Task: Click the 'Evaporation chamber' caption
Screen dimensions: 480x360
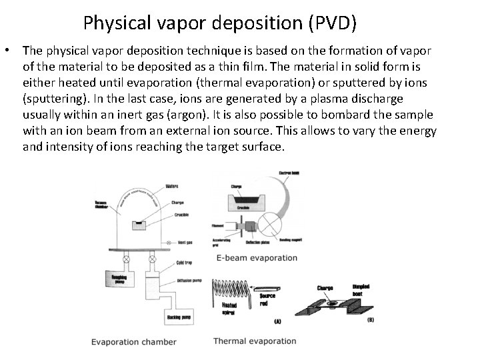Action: click(134, 342)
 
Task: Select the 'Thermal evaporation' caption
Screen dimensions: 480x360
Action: click(255, 341)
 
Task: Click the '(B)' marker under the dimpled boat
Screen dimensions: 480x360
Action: click(370, 321)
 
